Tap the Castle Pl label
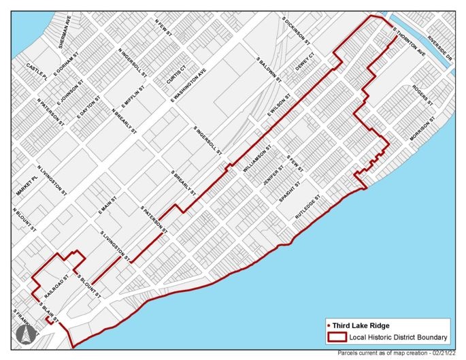click(x=35, y=70)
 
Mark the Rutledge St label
click(x=307, y=205)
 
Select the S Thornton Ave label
click(x=410, y=41)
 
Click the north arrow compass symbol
click(x=22, y=335)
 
